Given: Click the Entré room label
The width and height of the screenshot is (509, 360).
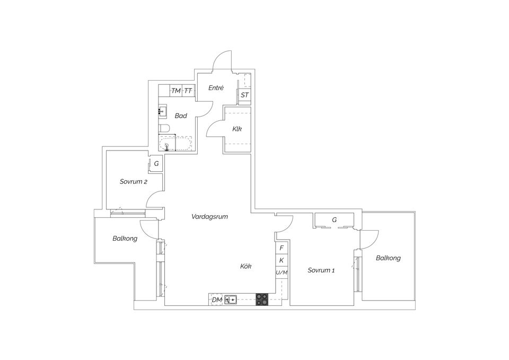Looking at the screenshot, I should (x=216, y=87).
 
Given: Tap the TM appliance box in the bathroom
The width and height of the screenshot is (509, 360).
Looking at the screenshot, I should (x=176, y=91).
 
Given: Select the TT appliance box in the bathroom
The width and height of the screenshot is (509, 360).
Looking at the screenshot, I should (x=188, y=91).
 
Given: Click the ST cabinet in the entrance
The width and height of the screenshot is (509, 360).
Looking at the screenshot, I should (x=244, y=95).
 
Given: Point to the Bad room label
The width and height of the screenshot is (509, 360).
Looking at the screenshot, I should (x=181, y=116).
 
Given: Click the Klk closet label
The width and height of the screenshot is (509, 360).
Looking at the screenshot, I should (x=237, y=129).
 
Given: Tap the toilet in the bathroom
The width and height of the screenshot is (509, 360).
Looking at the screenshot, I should (x=164, y=128).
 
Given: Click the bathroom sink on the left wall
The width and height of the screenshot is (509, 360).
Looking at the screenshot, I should (x=162, y=112).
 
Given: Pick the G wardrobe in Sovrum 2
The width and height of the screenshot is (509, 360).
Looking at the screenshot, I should (x=156, y=164).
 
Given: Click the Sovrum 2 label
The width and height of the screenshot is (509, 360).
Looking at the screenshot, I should (x=133, y=181).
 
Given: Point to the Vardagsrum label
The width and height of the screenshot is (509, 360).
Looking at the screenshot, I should (x=210, y=216).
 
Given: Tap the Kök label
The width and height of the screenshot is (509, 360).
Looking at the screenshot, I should (x=245, y=267).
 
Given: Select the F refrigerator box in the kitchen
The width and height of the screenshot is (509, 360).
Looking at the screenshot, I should (x=282, y=248).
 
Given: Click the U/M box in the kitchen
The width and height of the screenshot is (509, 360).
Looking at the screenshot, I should (x=282, y=273).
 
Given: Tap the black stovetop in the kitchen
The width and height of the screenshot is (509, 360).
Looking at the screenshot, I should (x=262, y=300).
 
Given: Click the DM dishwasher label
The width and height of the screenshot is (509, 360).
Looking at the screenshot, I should (x=216, y=300).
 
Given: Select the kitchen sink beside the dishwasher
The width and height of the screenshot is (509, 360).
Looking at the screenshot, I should (x=231, y=300).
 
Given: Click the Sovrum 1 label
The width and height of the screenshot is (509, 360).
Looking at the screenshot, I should (x=321, y=270).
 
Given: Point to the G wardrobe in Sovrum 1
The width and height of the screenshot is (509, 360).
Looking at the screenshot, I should (x=334, y=219).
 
